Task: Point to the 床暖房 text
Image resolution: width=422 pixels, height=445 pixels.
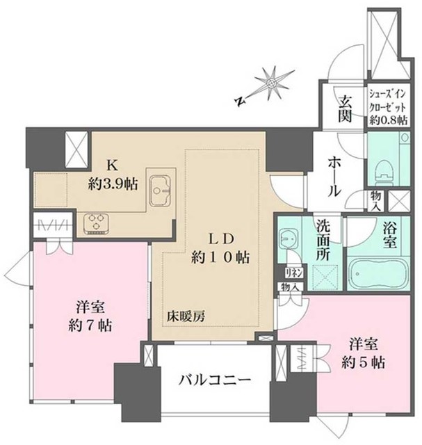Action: pos(185,316)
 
